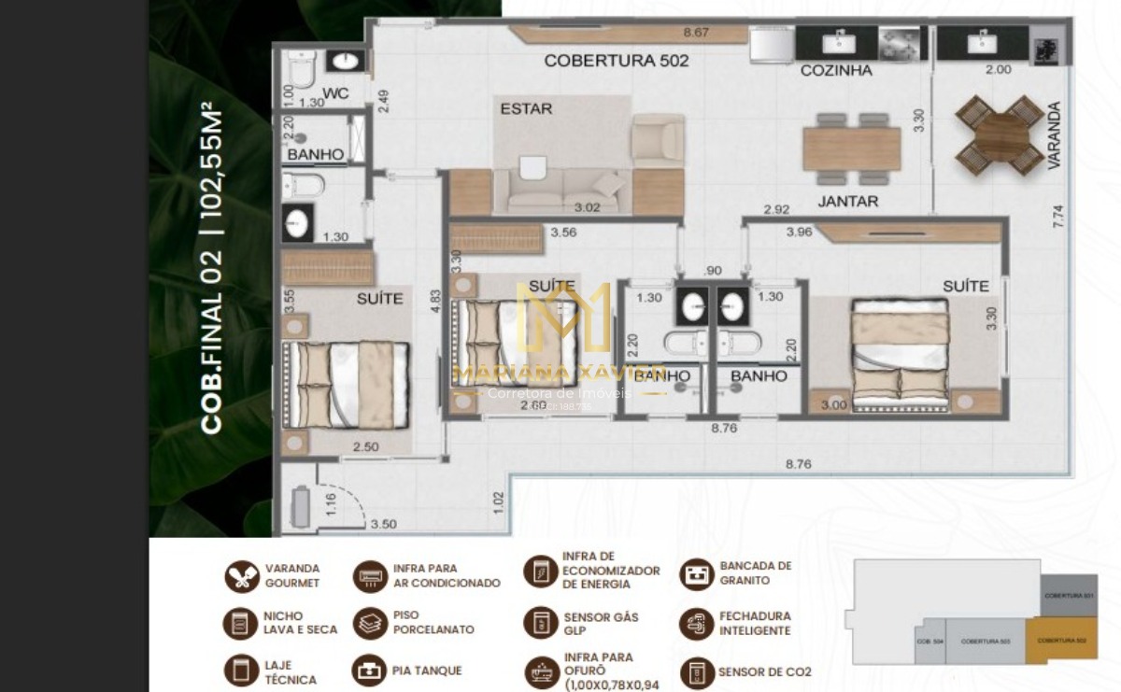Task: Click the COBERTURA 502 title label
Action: coord(617,61)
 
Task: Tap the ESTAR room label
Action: coord(526,108)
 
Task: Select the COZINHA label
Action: coord(836,70)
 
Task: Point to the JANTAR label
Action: coord(847,201)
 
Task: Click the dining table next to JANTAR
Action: coord(851,148)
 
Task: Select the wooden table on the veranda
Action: coord(999,135)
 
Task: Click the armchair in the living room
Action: coord(658,140)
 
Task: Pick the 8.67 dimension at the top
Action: coord(696,33)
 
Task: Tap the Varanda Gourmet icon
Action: coord(242,576)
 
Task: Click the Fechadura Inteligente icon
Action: coord(696,624)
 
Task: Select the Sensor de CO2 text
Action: coord(764,671)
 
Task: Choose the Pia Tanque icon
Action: coord(369,671)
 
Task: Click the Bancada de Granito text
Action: coord(756,572)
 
